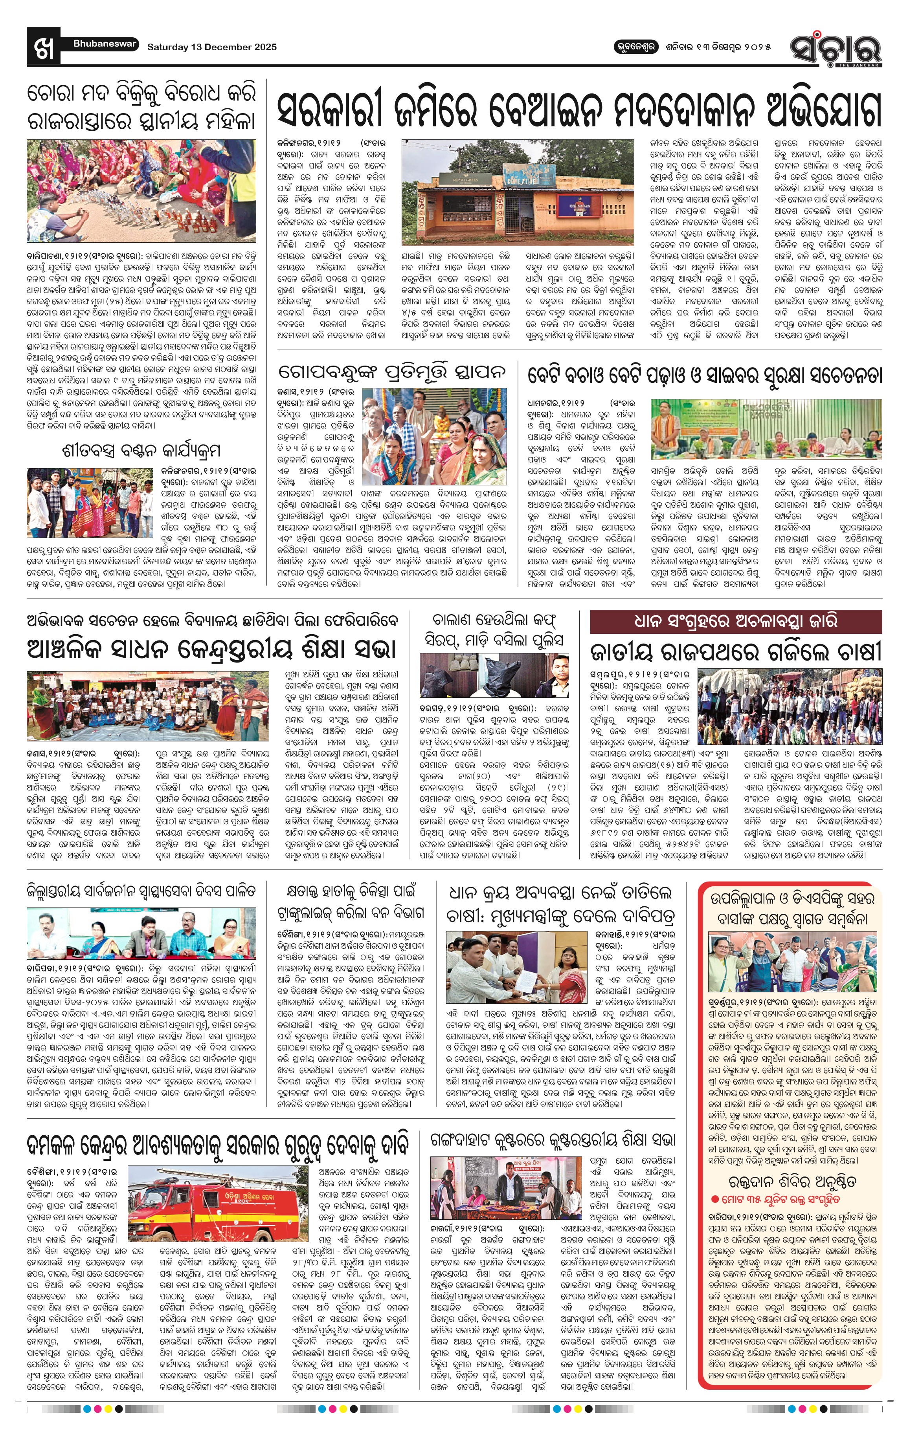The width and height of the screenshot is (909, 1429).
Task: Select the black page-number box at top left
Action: point(43,46)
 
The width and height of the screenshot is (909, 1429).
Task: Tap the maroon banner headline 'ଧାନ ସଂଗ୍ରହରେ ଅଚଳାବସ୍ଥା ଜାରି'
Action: point(736,621)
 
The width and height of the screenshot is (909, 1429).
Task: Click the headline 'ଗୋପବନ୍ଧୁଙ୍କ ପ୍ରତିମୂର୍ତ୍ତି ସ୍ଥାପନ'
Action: point(393,373)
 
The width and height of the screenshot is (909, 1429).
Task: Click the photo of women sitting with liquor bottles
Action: point(141,190)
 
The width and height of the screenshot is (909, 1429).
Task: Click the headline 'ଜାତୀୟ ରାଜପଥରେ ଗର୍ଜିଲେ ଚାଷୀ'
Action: point(736,651)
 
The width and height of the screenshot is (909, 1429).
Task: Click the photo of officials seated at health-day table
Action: point(141,933)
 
